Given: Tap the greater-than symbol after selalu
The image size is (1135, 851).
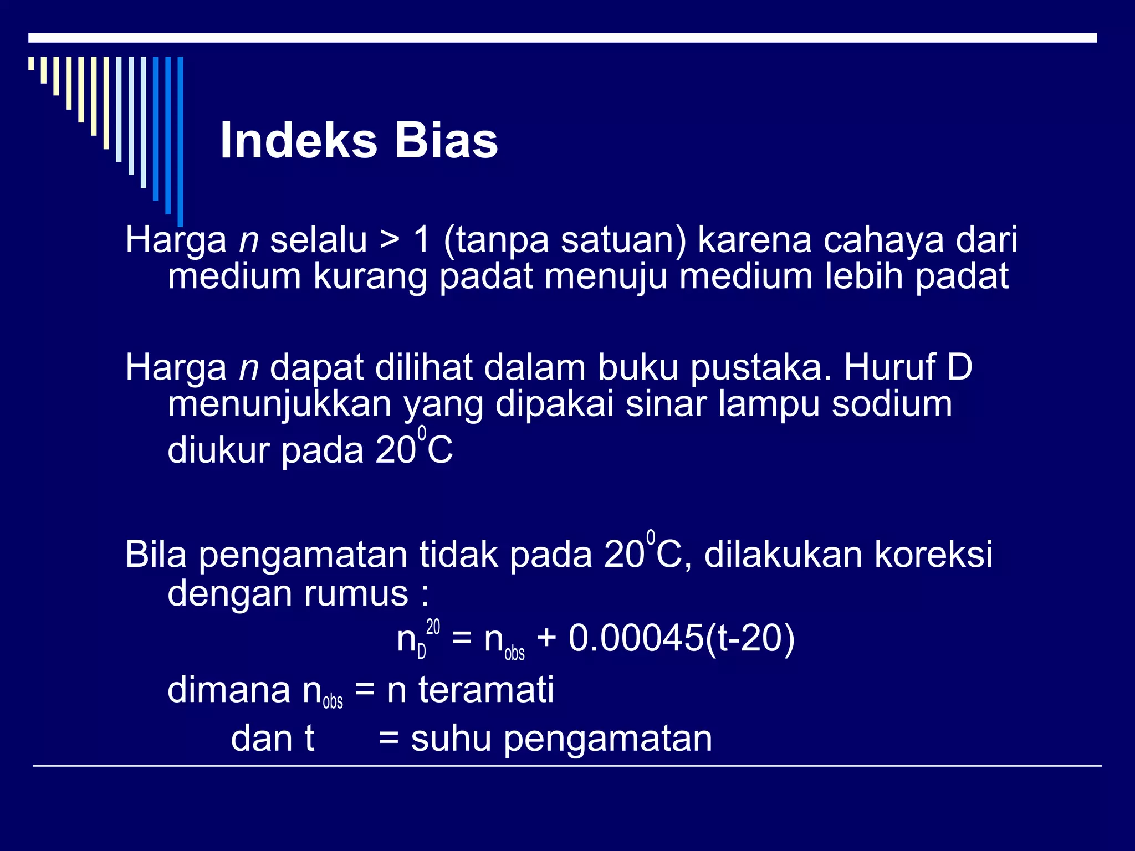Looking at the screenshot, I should [x=390, y=240].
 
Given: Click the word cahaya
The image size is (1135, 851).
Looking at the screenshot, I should [x=883, y=240].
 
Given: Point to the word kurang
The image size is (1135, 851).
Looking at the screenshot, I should [x=370, y=276].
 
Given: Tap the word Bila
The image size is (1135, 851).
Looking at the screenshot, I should [x=156, y=554].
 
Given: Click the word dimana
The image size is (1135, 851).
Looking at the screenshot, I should [x=229, y=690].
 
